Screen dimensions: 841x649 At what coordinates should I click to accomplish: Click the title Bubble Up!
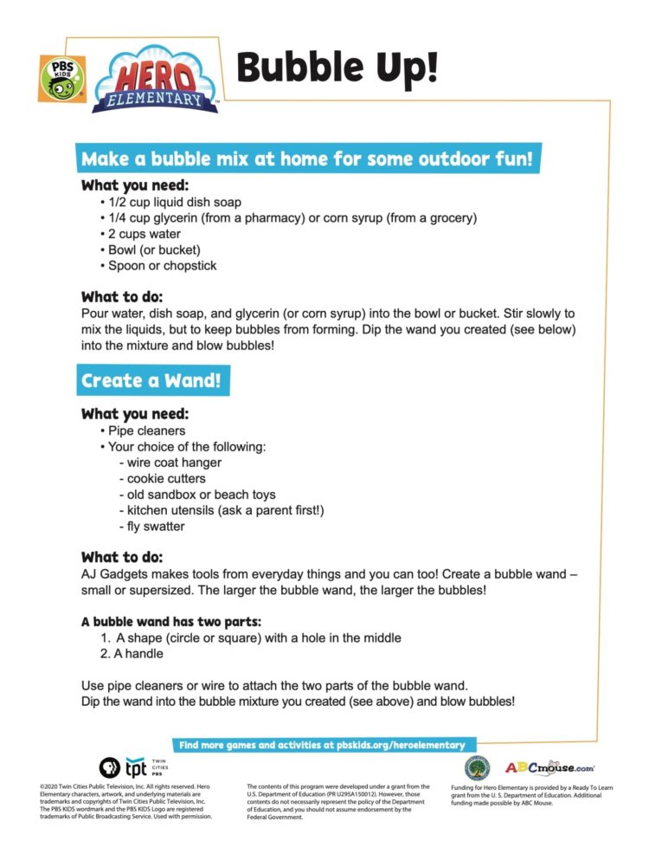337,68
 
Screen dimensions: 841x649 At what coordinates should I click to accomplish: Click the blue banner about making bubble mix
307,160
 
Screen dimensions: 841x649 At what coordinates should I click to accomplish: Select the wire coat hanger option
170,463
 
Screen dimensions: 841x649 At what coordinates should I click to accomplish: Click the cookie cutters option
166,478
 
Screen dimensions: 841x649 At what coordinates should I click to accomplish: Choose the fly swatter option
155,526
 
